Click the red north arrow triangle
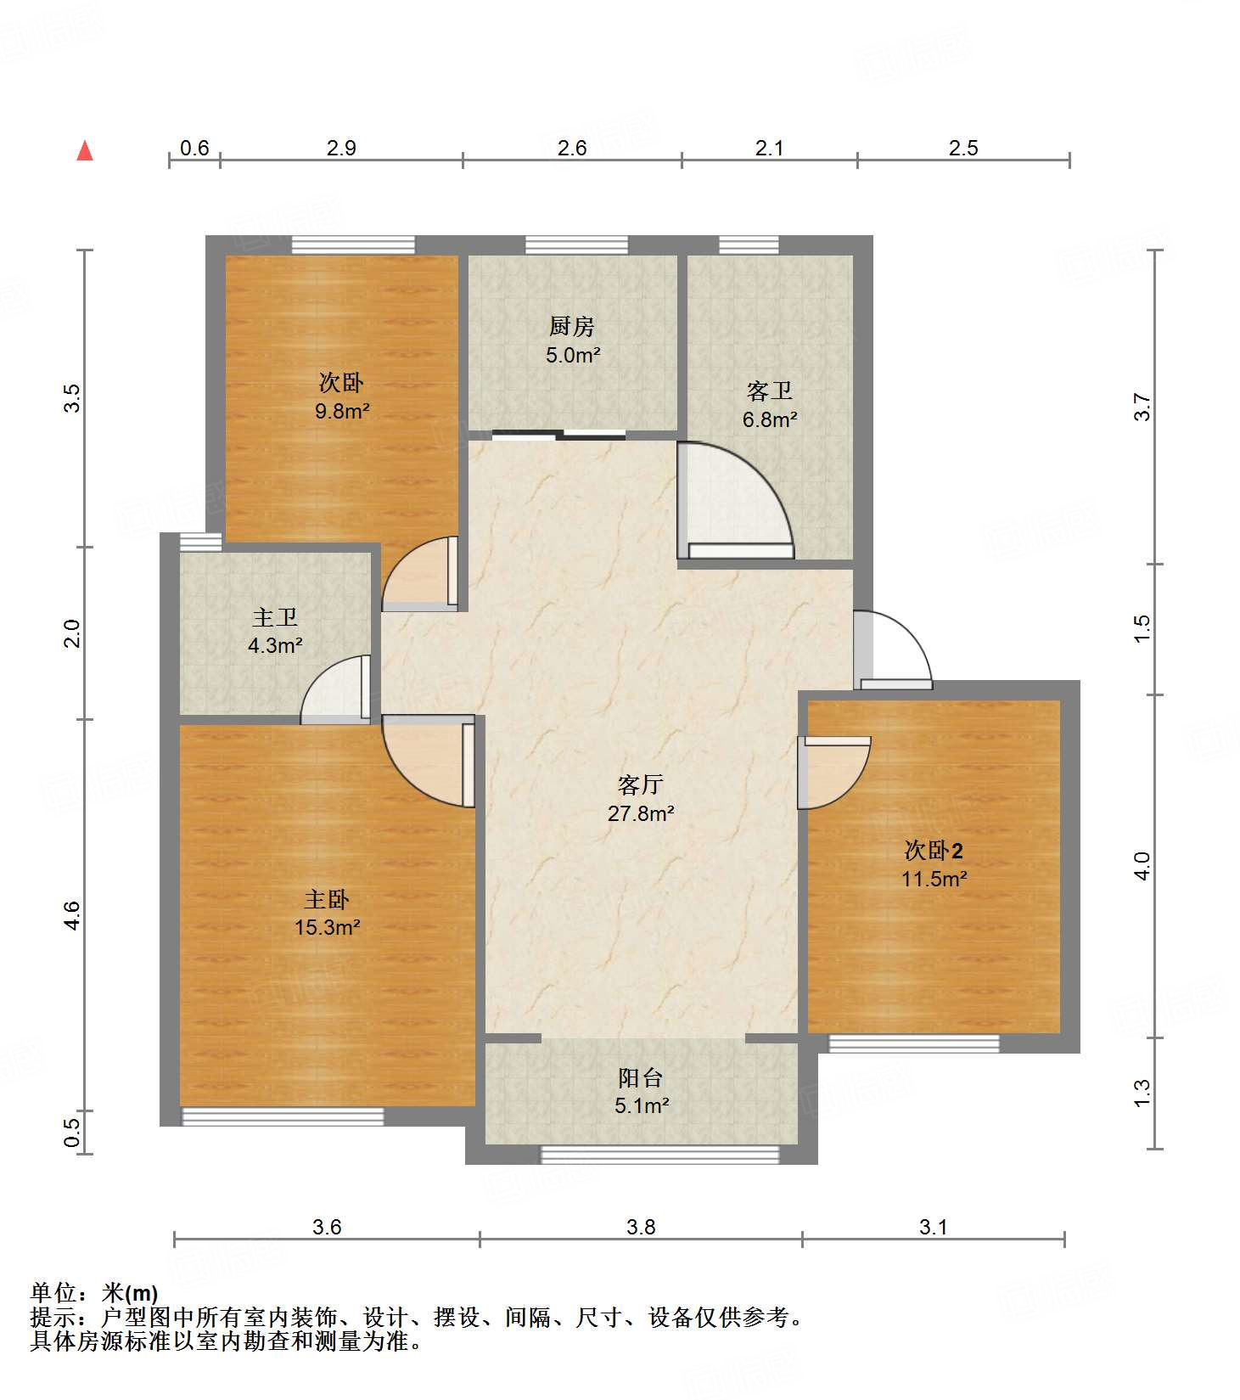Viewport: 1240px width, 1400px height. [85, 150]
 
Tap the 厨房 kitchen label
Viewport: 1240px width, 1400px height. [571, 326]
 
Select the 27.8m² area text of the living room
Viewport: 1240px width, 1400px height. [641, 813]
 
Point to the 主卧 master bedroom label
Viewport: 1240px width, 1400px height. [327, 899]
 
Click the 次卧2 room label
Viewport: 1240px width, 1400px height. [934, 850]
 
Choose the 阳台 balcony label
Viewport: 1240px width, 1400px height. [641, 1077]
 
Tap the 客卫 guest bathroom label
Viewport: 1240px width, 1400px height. [770, 391]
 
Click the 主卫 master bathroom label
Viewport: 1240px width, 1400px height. [275, 617]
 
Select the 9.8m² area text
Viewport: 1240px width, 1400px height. [342, 411]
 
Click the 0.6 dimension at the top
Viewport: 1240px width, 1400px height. [194, 148]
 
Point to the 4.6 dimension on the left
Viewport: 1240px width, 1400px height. [73, 915]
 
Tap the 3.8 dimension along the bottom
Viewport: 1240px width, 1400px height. [641, 1227]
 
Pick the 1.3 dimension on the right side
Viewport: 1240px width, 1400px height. [1142, 1093]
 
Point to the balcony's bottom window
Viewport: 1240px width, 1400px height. [660, 1155]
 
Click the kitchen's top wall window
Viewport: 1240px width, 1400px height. [576, 245]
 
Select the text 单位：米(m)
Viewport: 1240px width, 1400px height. [94, 1293]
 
